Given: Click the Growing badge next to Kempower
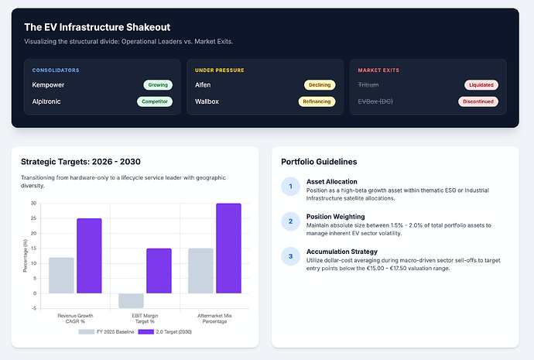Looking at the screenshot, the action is click(158, 85).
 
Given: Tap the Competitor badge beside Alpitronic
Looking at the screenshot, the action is click(155, 101).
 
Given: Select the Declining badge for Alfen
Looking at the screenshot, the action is click(320, 85).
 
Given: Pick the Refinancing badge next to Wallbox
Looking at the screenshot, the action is click(317, 101).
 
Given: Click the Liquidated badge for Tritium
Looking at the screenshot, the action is click(481, 85).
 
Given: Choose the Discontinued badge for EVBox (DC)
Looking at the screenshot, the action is click(478, 101).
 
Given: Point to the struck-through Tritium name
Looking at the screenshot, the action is click(368, 85).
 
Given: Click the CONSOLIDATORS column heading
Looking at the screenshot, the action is click(56, 70).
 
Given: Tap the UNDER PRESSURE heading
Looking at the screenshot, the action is click(219, 70).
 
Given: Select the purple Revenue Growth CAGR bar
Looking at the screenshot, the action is click(89, 255).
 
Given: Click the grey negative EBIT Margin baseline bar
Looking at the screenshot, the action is click(131, 300).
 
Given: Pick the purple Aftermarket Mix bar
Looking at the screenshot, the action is click(228, 249).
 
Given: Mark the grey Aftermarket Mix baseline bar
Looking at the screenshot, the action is click(200, 271).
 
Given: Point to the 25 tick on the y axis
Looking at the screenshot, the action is click(33, 218).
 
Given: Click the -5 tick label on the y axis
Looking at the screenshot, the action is click(34, 308).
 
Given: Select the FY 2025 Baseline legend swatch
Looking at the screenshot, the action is click(87, 331).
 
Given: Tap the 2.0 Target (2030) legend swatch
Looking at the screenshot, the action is click(145, 331).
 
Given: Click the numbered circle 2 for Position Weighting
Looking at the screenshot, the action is click(290, 221).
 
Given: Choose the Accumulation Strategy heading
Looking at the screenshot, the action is click(342, 252).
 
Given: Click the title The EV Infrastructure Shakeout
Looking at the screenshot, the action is click(97, 27).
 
